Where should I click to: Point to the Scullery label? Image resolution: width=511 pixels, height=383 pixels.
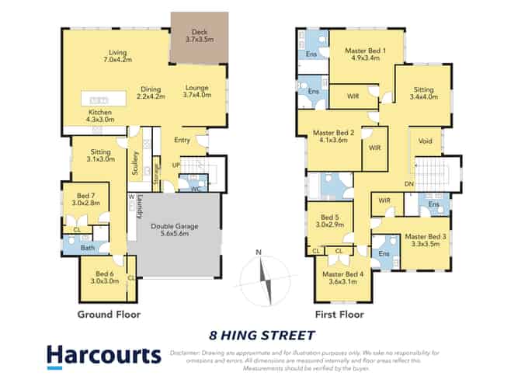(135, 162)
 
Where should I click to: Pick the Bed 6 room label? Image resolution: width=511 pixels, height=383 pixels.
(106, 278)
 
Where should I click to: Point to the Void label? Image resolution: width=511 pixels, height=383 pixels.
(425, 141)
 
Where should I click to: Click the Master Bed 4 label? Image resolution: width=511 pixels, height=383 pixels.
(343, 277)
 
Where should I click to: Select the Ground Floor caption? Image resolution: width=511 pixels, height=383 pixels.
(108, 315)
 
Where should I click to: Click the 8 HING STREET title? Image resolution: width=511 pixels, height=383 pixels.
(262, 336)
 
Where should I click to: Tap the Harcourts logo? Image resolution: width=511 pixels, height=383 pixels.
(105, 356)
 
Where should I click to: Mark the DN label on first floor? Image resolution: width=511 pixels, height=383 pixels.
(408, 183)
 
